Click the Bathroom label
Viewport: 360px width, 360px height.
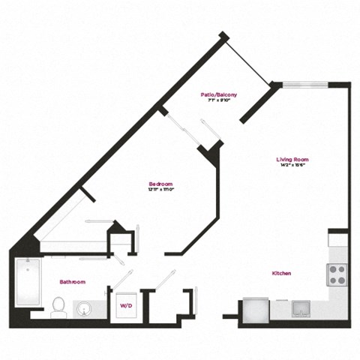73,282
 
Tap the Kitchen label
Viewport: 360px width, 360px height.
282,274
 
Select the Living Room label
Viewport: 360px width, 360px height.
292,160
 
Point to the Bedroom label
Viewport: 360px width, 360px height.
160,184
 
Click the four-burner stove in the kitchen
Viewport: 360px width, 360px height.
337,275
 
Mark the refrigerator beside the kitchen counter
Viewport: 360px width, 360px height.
253,309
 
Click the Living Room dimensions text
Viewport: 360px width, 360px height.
292,166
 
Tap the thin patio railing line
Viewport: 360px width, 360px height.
247,58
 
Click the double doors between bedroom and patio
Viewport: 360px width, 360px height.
191,127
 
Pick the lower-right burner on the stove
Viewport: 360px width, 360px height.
342,280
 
